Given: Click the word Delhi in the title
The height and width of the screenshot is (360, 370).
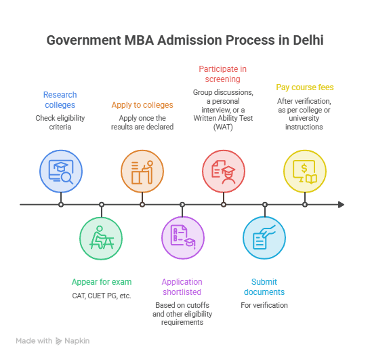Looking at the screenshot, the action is click(x=308, y=40).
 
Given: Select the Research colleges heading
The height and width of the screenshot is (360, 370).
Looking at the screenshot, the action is click(x=60, y=100).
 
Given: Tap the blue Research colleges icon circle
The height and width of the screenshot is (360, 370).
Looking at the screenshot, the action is click(x=61, y=172).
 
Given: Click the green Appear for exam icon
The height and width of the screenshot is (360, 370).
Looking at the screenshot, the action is click(x=101, y=238).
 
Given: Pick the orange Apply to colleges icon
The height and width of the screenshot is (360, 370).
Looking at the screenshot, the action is click(x=142, y=172).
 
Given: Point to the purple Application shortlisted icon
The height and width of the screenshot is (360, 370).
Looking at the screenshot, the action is click(x=183, y=238).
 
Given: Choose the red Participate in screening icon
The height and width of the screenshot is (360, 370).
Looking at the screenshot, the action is click(x=224, y=172).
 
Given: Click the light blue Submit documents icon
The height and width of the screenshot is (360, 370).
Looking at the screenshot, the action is click(x=264, y=238).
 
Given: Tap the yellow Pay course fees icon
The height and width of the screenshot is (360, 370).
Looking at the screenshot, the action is click(x=305, y=172).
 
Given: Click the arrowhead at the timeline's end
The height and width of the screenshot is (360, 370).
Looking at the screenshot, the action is click(x=342, y=205).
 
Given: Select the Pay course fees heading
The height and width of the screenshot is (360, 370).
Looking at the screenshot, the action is click(x=305, y=87).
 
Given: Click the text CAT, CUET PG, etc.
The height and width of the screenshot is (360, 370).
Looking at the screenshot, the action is click(x=102, y=296).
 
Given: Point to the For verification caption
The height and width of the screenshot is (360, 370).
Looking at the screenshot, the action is click(x=264, y=305).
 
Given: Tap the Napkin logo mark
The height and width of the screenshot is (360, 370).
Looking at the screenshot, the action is click(x=58, y=341).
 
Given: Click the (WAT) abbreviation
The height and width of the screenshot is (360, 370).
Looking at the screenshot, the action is click(x=223, y=127).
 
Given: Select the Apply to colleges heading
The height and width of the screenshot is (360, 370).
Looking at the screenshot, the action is click(x=142, y=105).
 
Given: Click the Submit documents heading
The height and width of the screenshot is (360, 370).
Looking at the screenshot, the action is click(x=264, y=287).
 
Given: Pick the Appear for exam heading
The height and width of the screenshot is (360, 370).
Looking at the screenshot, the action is click(x=102, y=282).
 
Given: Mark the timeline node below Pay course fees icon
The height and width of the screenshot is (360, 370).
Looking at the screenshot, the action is click(x=305, y=205).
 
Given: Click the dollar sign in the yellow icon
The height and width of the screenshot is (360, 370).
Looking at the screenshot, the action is click(x=304, y=168).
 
